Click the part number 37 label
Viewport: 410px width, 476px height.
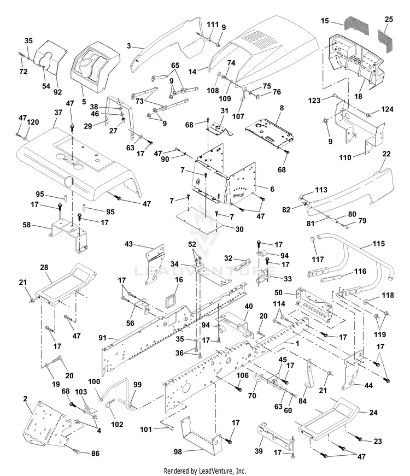click(58, 113)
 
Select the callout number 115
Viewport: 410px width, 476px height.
click(379, 243)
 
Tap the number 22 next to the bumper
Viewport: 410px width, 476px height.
click(386, 154)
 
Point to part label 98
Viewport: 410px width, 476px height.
click(178, 452)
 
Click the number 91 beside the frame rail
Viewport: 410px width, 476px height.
click(103, 338)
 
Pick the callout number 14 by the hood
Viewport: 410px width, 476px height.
click(192, 72)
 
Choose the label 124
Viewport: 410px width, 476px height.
click(387, 109)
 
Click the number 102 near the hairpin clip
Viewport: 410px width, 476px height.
click(117, 424)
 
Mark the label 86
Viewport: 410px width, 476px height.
click(95, 453)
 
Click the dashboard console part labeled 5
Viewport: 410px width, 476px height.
click(95, 67)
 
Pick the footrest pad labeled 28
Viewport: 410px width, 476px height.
click(66, 285)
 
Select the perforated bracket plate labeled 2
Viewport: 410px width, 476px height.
click(46, 424)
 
